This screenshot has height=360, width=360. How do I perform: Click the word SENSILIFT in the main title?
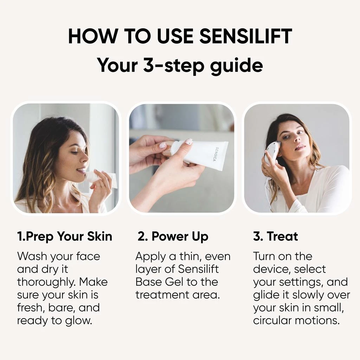(245, 36)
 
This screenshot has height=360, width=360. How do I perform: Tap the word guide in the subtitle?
(236, 66)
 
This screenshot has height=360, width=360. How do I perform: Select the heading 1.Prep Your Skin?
(65, 237)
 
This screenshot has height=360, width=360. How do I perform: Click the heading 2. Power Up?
(173, 237)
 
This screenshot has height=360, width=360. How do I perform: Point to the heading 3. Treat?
(276, 236)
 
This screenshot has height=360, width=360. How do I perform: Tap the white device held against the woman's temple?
(271, 154)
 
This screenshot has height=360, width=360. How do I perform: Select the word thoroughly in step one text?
(46, 282)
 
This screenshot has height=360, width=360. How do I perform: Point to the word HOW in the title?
(92, 36)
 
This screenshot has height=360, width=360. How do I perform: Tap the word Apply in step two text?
(150, 257)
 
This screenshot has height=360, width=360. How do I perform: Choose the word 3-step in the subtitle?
(174, 66)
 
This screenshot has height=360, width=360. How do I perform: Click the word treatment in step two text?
(162, 295)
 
